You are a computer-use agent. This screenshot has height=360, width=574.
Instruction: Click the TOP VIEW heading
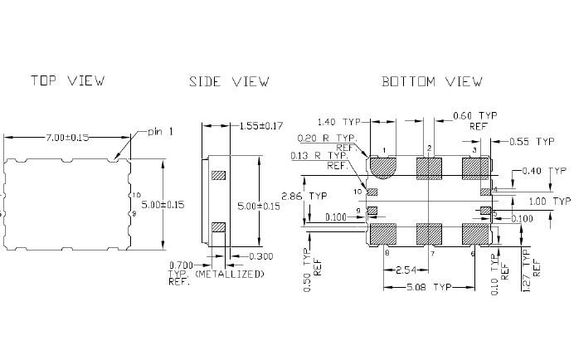click(67, 81)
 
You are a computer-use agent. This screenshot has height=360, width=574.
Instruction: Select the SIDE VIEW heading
click(229, 81)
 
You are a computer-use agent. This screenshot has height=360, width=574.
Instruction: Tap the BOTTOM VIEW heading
click(431, 81)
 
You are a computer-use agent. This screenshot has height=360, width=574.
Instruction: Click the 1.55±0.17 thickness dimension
click(261, 126)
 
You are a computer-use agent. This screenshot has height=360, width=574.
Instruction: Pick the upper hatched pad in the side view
click(219, 176)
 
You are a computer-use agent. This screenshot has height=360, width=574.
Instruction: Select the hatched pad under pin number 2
click(429, 168)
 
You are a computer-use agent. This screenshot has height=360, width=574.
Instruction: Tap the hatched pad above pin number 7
click(429, 233)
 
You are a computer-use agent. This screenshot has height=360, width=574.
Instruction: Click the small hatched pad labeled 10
click(372, 192)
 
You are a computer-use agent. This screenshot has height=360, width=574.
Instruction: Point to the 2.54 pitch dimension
click(406, 270)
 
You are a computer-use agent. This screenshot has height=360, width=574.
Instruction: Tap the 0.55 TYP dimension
click(533, 142)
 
